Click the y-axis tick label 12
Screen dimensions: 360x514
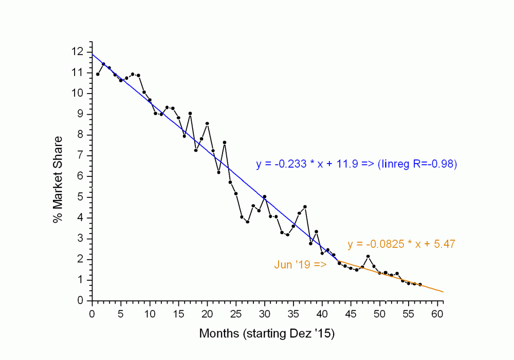77,52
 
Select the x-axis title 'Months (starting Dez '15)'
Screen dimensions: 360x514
267,334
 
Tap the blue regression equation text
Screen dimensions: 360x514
357,165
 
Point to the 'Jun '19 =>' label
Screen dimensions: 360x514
300,265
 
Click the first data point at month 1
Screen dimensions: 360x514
98,74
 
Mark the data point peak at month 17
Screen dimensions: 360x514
190,113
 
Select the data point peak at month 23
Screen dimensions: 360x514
225,142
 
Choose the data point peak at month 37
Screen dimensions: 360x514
305,207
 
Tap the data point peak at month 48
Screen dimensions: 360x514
368,256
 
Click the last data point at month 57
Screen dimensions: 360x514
420,284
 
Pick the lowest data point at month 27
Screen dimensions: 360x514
247,222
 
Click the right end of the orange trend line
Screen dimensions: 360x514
443,292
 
